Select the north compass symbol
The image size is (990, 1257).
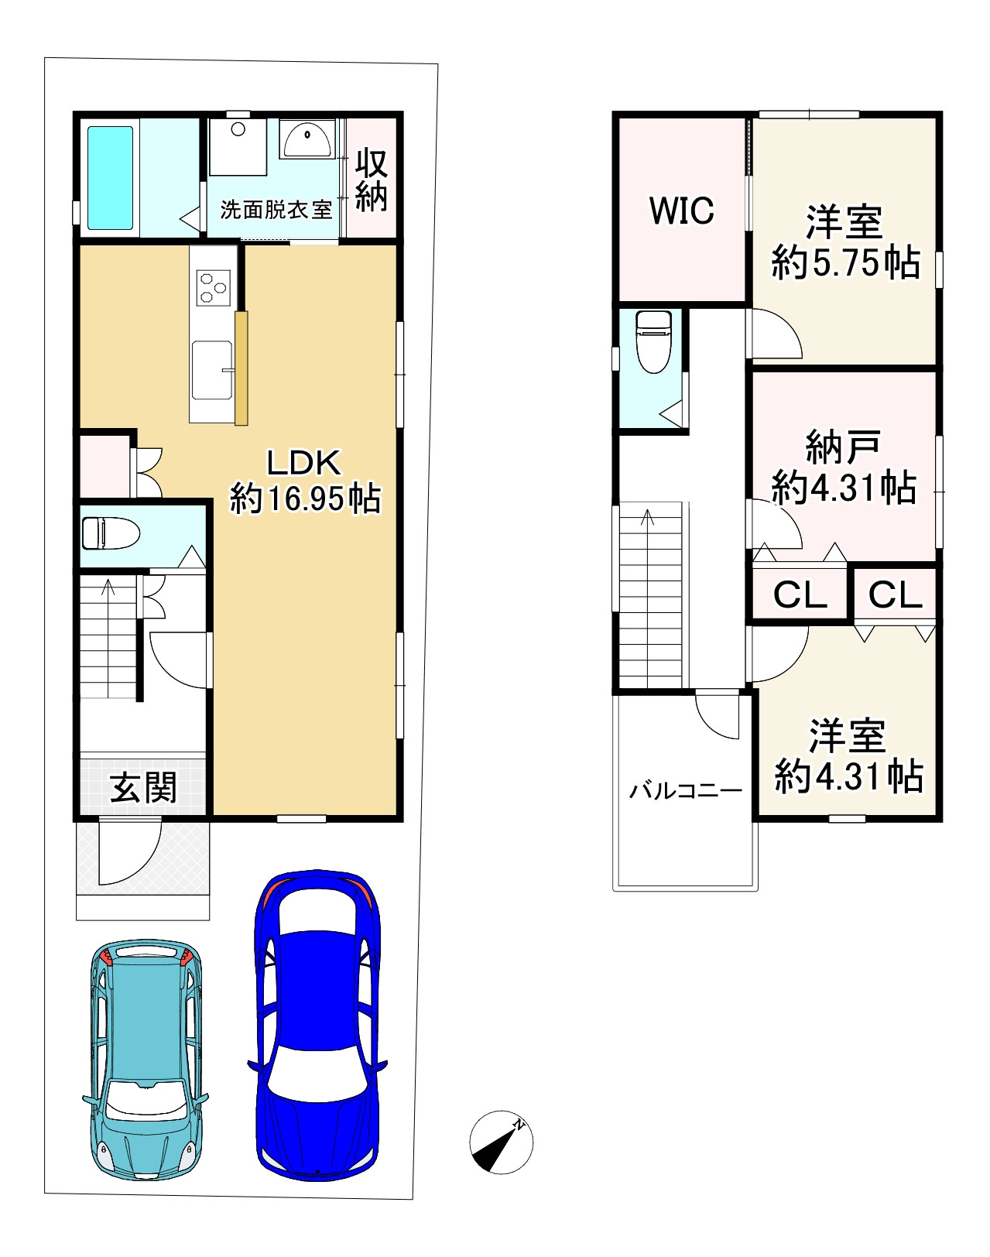point(501,1142)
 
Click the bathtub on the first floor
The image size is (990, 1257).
point(111,178)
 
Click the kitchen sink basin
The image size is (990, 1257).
point(211,370)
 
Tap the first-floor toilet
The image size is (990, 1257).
point(111,533)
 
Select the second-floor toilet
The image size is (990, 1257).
point(653,342)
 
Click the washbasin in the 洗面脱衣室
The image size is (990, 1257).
point(307,139)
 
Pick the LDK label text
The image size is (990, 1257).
point(303,463)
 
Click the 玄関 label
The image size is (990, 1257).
point(144,787)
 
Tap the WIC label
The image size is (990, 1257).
point(682,211)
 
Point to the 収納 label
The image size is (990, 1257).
point(372,180)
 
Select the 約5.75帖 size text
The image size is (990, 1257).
point(846,263)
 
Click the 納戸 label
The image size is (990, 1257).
point(843,447)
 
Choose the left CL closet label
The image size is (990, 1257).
point(800,595)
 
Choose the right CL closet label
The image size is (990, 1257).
point(895,595)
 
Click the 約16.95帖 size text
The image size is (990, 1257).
point(305,499)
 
